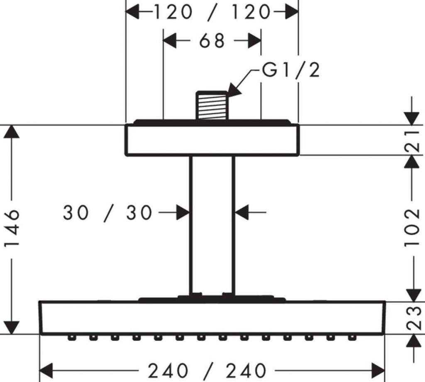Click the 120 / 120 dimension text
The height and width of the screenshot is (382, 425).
[x=212, y=12]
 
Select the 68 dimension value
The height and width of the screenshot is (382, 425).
[x=212, y=41]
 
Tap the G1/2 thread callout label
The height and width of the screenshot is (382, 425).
[x=291, y=70]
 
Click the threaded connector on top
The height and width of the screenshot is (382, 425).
[x=212, y=106]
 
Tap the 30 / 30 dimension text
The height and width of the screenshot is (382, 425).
[x=107, y=213]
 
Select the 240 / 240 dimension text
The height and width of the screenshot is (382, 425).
[x=207, y=371]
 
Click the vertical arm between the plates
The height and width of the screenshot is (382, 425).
[x=212, y=225]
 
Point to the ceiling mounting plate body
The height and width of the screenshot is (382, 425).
[x=212, y=140]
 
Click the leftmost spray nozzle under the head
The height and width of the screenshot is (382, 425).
[x=71, y=338]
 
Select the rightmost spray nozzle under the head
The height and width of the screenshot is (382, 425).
[x=352, y=338]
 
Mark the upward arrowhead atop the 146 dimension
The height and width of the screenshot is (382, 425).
[x=12, y=131]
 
